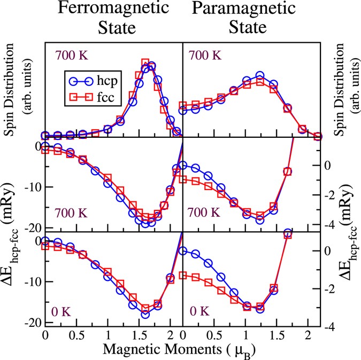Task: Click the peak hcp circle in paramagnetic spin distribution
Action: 260,76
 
